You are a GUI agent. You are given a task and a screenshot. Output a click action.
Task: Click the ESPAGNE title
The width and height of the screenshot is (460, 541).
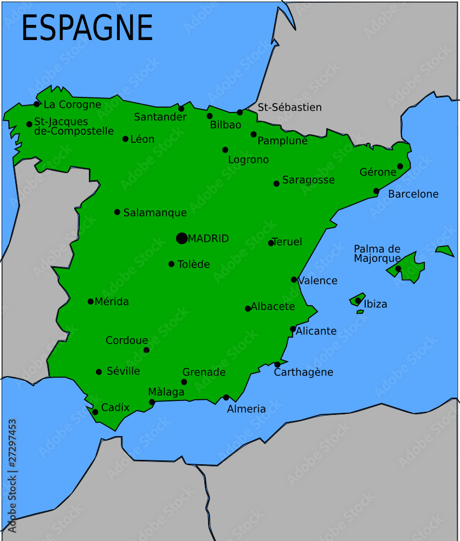pos(87,28)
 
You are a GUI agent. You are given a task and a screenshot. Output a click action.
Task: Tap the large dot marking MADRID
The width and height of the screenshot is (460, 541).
pos(182,238)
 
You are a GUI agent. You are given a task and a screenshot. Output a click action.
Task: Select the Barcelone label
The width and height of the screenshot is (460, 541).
pos(413,194)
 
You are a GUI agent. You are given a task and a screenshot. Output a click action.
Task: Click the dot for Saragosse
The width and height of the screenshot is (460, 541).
pos(276,183)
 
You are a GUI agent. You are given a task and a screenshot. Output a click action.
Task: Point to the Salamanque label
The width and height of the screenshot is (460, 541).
pos(155,213)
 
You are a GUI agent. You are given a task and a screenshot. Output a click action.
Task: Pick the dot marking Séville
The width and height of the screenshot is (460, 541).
pos(99,372)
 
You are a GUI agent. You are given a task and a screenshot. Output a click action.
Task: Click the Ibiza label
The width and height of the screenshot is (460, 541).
pos(375,304)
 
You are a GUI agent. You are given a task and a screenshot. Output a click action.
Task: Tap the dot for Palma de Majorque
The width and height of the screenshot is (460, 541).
pos(398,268)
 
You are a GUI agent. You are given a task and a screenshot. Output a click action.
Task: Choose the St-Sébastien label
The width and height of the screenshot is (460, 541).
pos(289,108)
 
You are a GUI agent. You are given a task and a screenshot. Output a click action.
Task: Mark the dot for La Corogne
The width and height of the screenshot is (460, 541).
pos(37,104)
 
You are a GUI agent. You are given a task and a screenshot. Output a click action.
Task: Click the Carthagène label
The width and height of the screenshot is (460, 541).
pos(303,373)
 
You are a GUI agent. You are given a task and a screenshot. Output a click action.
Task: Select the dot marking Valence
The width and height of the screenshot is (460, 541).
pos(294,280)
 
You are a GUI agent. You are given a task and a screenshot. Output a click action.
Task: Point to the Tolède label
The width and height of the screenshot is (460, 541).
pos(193,265)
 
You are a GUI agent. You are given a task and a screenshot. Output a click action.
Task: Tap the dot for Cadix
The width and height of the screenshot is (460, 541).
pos(95,412)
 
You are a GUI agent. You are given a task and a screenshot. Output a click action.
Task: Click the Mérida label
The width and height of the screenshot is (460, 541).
pos(112,302)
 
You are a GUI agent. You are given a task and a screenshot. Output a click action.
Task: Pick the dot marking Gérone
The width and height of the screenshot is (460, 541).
pos(400,167)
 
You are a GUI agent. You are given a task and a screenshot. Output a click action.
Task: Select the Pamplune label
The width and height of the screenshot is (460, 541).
pos(282,141)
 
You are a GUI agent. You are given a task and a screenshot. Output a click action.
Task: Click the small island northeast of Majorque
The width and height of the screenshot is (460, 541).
pos(445,250)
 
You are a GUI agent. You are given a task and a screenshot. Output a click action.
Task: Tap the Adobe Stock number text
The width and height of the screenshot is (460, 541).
pos(12,476)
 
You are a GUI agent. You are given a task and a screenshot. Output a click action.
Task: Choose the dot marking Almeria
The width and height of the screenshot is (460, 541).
pos(226,398)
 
